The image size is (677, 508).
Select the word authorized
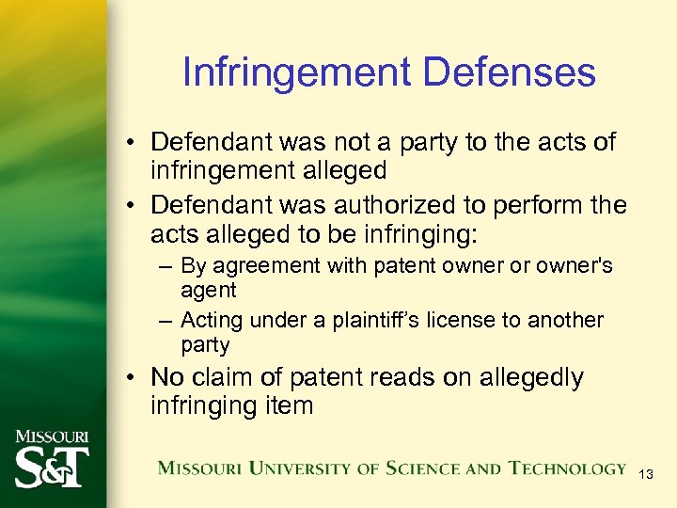(416, 204)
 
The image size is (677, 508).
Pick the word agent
(209, 291)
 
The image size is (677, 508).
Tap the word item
(290, 405)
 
